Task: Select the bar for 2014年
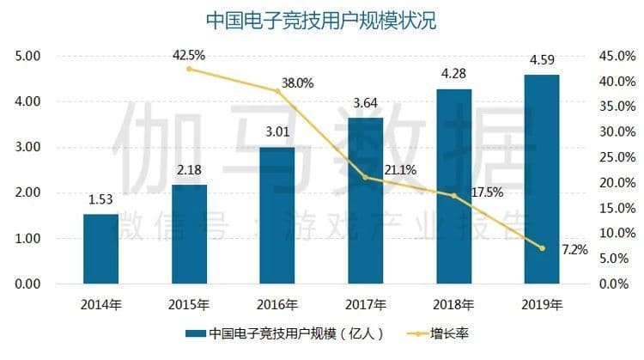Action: coord(100,249)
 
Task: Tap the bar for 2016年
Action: coord(277,215)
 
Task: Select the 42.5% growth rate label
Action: coord(189,55)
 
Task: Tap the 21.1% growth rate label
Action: coord(386,169)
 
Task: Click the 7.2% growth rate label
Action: coord(574,250)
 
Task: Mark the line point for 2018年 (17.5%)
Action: coord(454,196)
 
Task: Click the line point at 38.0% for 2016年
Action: coord(277,91)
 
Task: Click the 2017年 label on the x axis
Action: coord(366,303)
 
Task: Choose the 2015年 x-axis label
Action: coord(189,303)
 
